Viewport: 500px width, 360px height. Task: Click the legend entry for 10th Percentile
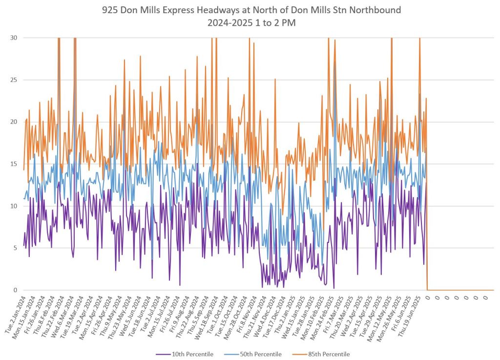[192, 354]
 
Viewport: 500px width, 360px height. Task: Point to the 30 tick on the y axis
[15, 38]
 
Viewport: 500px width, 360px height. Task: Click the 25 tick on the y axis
[15, 80]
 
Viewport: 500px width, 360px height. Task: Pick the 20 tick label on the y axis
[15, 122]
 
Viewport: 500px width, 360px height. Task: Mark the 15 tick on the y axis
[15, 164]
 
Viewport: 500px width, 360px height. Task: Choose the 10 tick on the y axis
[15, 206]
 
